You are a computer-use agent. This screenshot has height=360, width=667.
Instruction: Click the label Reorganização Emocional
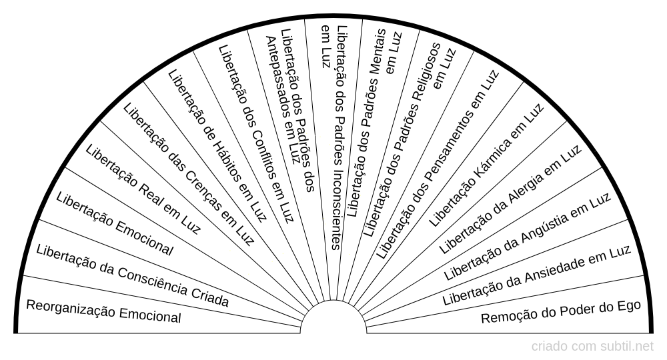point(103,311)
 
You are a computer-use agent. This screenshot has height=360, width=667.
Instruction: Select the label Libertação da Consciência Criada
point(133,277)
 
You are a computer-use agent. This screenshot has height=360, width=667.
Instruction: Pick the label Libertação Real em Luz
point(143,191)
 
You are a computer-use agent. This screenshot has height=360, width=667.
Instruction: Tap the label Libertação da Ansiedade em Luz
point(537,275)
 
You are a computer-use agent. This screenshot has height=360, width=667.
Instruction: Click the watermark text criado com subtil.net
point(592,347)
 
